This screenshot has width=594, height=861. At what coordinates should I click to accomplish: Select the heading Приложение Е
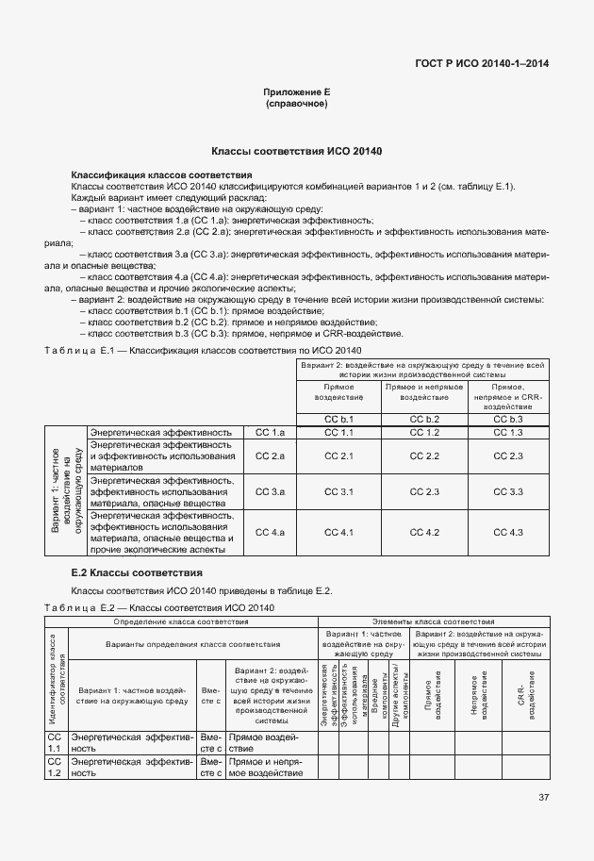pos(297,91)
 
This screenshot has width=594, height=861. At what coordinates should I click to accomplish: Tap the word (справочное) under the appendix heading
pos(297,103)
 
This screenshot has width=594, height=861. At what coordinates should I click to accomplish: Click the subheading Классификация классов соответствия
pos(161,175)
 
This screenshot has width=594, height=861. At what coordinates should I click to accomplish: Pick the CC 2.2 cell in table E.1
pos(426,456)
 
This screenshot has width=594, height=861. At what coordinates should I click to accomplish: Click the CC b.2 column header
pos(426,418)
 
